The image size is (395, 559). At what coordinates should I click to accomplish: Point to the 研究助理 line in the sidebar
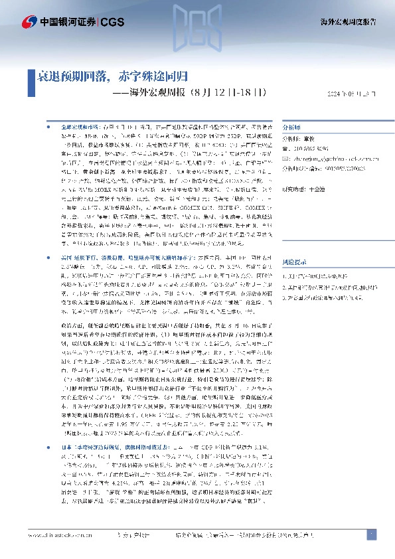click(x=309, y=188)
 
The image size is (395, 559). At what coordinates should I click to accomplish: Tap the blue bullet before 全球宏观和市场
click(x=46, y=125)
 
